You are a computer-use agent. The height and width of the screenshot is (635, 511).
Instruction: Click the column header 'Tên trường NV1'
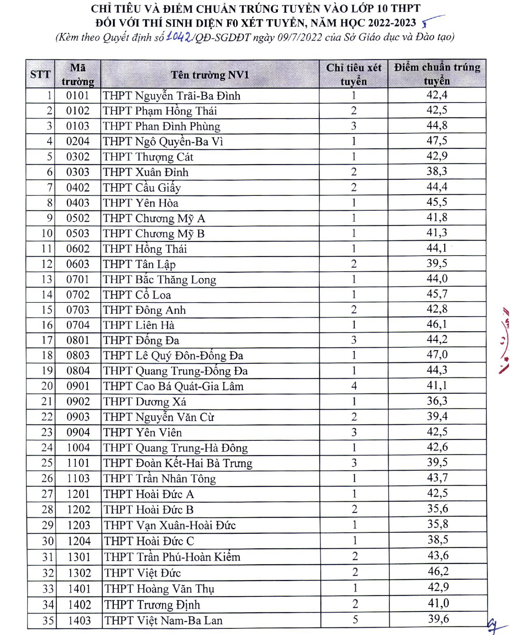(x=210, y=75)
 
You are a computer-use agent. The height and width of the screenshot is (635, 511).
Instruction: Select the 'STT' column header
(x=40, y=74)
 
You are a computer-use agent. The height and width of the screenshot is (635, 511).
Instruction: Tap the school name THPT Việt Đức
(x=142, y=573)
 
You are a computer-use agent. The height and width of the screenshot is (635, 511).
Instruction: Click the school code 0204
(x=78, y=141)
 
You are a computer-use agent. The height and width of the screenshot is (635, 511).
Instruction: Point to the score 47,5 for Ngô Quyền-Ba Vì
(x=437, y=141)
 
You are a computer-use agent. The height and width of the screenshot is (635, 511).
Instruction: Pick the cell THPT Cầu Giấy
(x=142, y=188)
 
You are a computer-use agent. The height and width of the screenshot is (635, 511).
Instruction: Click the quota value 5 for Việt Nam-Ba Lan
(x=355, y=620)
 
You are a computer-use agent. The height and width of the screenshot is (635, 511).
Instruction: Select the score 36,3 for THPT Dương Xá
(x=437, y=401)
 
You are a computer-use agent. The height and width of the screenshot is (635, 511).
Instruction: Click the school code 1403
(x=79, y=620)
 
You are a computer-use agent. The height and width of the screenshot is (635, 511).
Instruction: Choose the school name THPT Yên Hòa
(x=141, y=203)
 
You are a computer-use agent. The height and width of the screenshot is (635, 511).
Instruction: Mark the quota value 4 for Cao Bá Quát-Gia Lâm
(x=354, y=386)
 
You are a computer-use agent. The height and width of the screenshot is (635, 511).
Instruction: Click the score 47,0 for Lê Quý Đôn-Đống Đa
(x=437, y=355)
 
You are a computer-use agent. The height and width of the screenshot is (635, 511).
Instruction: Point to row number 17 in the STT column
(x=47, y=340)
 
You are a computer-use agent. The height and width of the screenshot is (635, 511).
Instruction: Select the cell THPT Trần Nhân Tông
(x=159, y=479)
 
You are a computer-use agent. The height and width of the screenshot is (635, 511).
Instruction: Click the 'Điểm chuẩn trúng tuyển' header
(x=437, y=74)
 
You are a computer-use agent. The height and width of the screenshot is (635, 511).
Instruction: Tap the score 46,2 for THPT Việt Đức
(x=438, y=571)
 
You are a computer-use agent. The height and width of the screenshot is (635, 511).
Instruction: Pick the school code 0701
(x=78, y=279)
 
